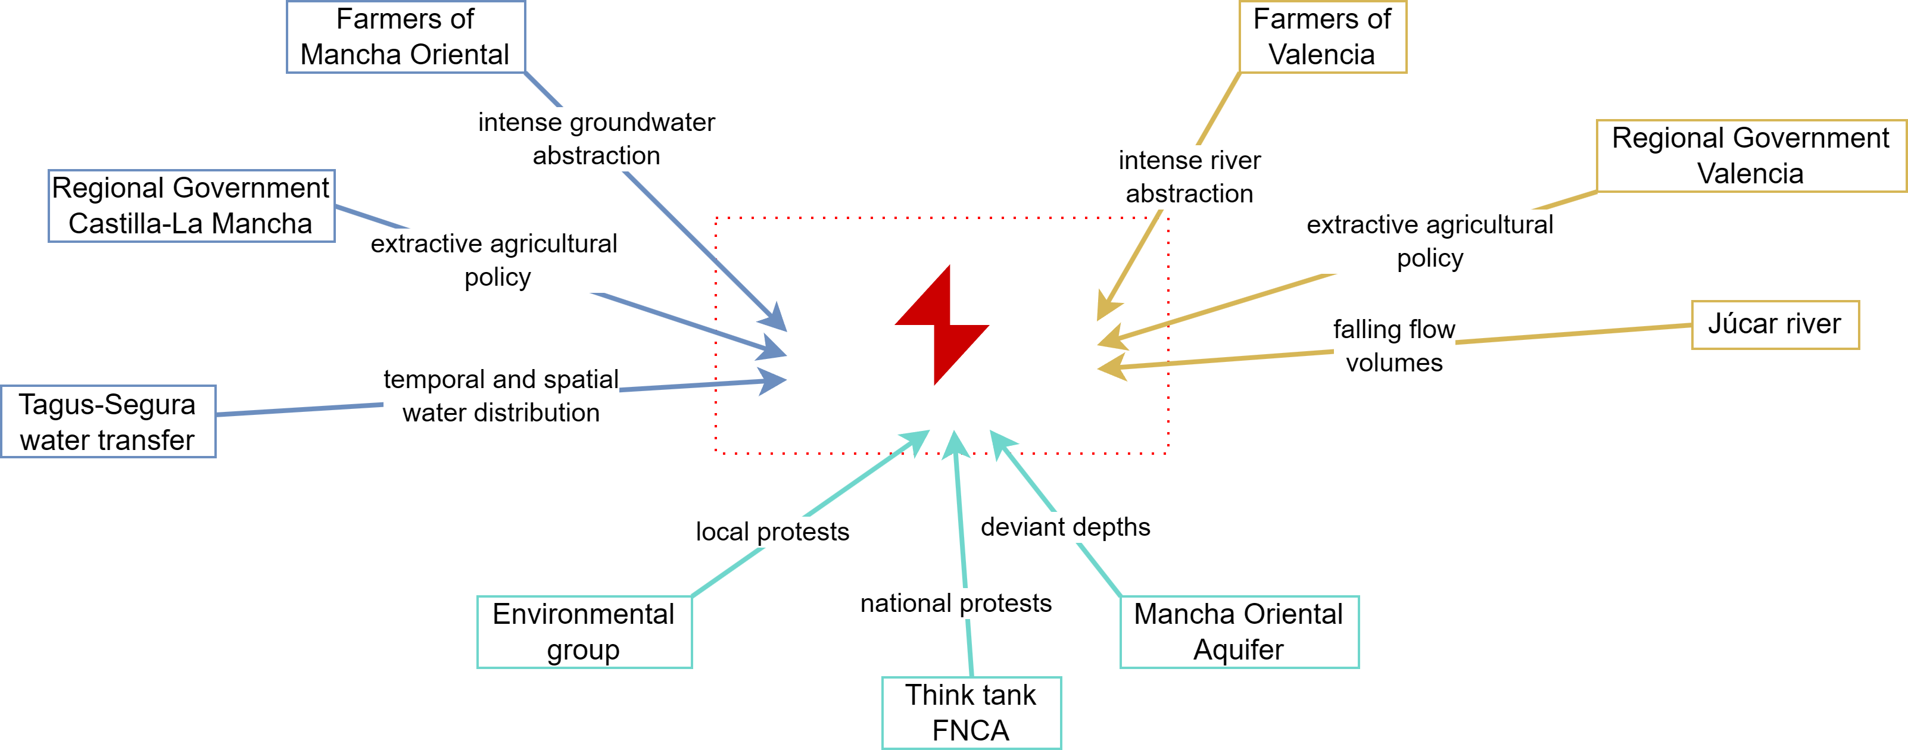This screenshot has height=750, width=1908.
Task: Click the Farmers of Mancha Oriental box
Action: [405, 37]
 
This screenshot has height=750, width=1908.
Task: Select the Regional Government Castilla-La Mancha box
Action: [191, 206]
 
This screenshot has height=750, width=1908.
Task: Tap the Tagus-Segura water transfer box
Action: [108, 421]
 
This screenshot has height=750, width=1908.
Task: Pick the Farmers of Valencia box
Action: [1322, 37]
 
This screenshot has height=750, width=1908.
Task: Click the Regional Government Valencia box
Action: [1750, 155]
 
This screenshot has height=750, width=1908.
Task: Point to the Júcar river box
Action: [1775, 324]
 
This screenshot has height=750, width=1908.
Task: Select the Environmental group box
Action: [584, 632]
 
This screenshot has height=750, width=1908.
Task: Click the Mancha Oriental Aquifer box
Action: [1239, 632]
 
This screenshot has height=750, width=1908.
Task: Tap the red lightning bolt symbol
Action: [941, 326]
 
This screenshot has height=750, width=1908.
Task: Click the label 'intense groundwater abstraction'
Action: [596, 139]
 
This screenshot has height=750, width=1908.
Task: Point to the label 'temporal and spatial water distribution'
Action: [501, 395]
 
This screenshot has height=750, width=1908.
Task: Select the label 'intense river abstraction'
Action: [1190, 177]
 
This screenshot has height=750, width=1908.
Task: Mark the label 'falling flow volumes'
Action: [1394, 346]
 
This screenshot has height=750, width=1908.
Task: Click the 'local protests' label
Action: [772, 532]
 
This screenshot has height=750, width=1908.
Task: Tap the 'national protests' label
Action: [955, 604]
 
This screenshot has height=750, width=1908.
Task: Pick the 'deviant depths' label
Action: [1065, 527]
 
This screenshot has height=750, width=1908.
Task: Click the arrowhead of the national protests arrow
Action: [955, 443]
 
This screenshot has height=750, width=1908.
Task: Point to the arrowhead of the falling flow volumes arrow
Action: [1111, 367]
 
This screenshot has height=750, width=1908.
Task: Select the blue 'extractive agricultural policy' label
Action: [495, 260]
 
